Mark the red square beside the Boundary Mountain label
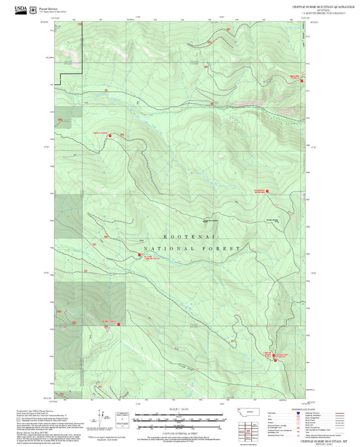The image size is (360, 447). (x=269, y=191)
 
